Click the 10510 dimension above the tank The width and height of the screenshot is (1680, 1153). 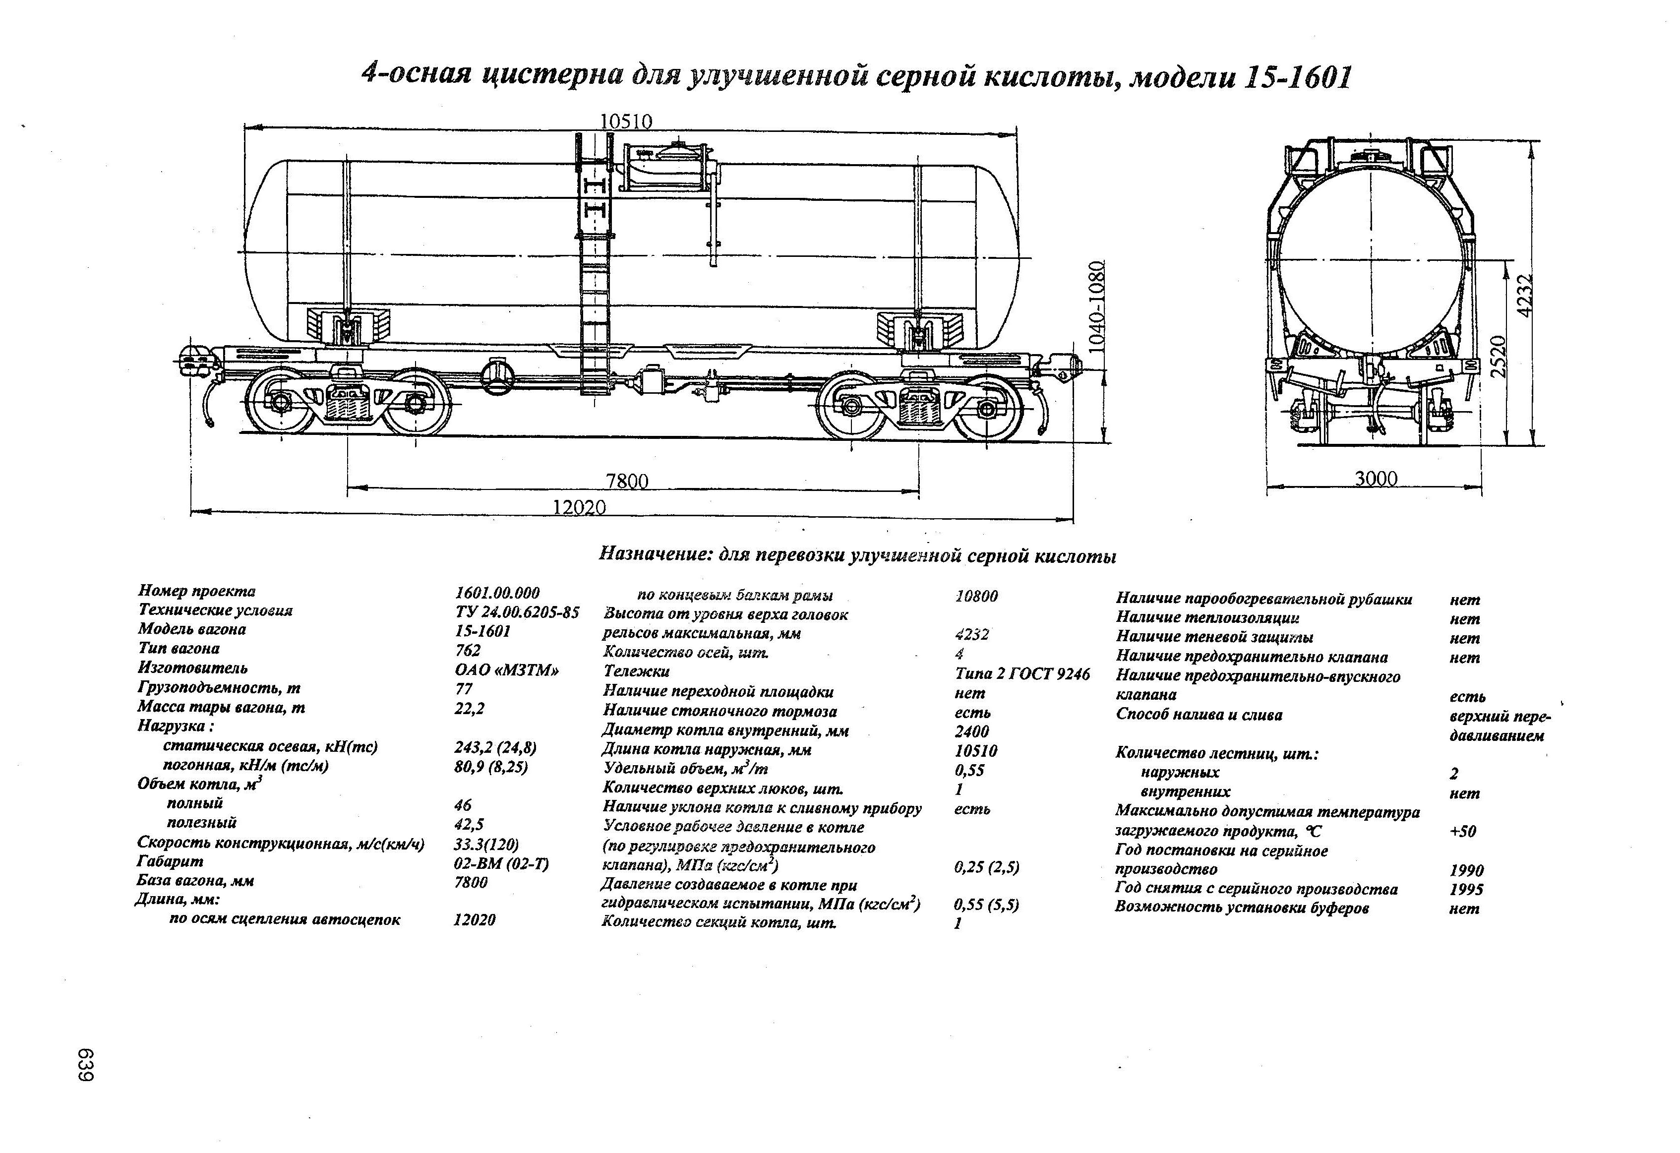click(x=626, y=121)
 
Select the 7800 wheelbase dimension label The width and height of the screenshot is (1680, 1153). click(x=627, y=481)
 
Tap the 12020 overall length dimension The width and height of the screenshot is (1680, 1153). click(x=579, y=507)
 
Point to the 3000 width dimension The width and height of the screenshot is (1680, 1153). click(x=1376, y=479)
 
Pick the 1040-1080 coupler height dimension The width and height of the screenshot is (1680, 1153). click(x=1097, y=306)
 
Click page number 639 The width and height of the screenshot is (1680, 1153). click(x=86, y=1065)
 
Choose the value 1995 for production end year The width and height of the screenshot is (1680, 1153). click(x=1466, y=890)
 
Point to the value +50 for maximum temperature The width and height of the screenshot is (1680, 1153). click(x=1462, y=831)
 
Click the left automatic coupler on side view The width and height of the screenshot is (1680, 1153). click(x=194, y=359)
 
